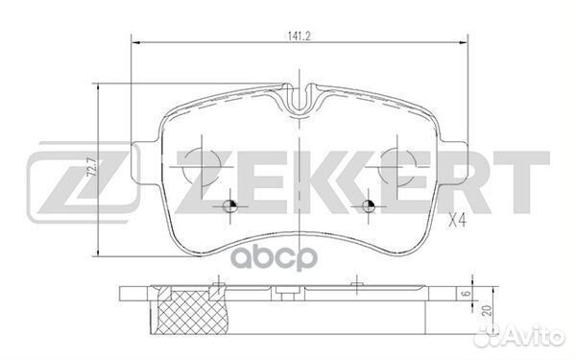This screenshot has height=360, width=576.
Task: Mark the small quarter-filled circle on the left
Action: tap(229, 207)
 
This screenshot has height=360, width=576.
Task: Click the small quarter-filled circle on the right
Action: tap(369, 207)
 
